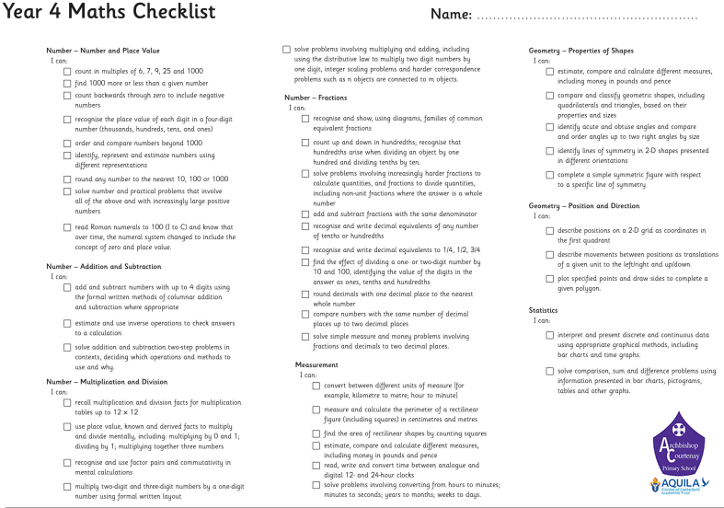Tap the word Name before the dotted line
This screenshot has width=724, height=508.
(x=451, y=15)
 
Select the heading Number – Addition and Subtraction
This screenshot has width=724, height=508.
(x=104, y=267)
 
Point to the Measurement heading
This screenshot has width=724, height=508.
(x=316, y=365)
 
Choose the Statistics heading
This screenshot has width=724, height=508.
(x=544, y=311)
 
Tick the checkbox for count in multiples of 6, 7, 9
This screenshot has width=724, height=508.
(x=67, y=71)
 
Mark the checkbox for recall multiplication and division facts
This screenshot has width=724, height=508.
(x=67, y=403)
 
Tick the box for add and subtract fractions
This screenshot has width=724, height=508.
(x=305, y=214)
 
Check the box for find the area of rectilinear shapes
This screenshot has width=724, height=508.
(x=316, y=433)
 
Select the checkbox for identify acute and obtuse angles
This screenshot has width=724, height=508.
(x=550, y=127)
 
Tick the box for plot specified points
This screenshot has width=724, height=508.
(x=550, y=278)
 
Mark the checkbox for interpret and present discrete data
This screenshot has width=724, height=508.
(x=550, y=336)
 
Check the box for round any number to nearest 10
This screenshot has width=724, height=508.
(x=67, y=179)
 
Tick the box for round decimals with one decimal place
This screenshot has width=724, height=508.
(x=305, y=294)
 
